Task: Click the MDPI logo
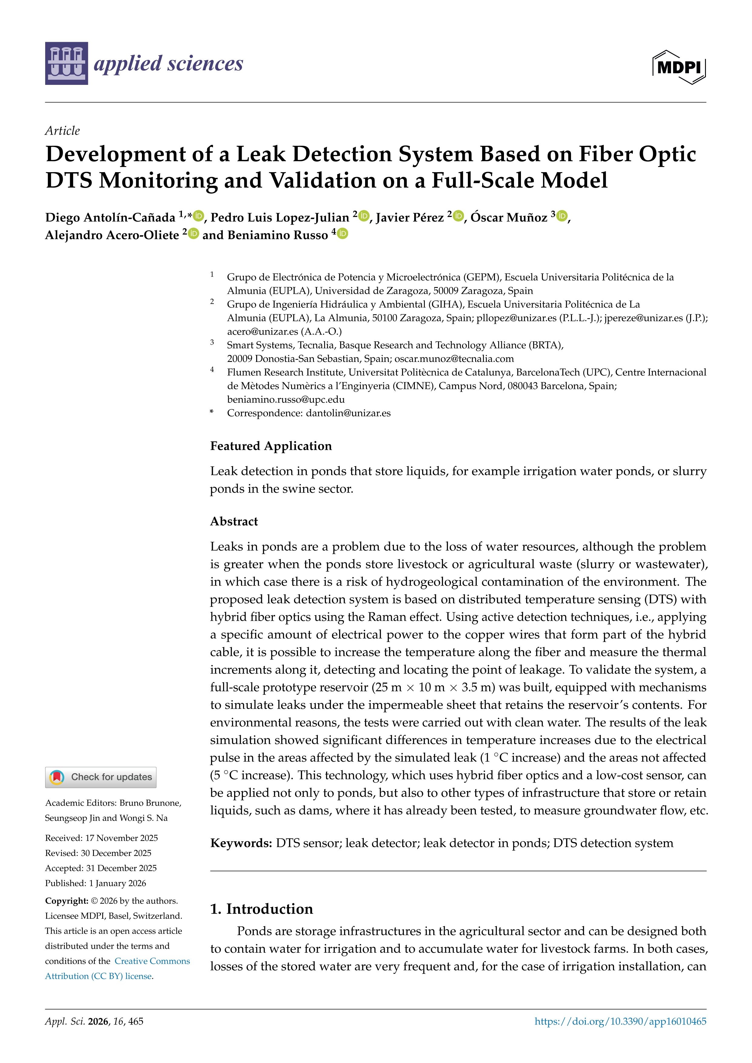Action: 679,67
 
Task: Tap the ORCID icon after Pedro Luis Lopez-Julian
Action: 364,216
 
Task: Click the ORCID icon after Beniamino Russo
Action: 342,234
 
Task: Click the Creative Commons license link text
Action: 152,961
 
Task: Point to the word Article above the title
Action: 62,131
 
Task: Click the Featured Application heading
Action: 271,446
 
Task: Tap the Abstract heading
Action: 234,521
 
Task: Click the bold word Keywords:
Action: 241,843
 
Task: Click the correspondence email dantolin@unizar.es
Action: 348,413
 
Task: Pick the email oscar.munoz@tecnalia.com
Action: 454,359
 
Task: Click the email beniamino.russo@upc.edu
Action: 286,399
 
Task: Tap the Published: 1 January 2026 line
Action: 96,883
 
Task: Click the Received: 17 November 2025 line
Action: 101,838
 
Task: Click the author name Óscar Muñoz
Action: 509,217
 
